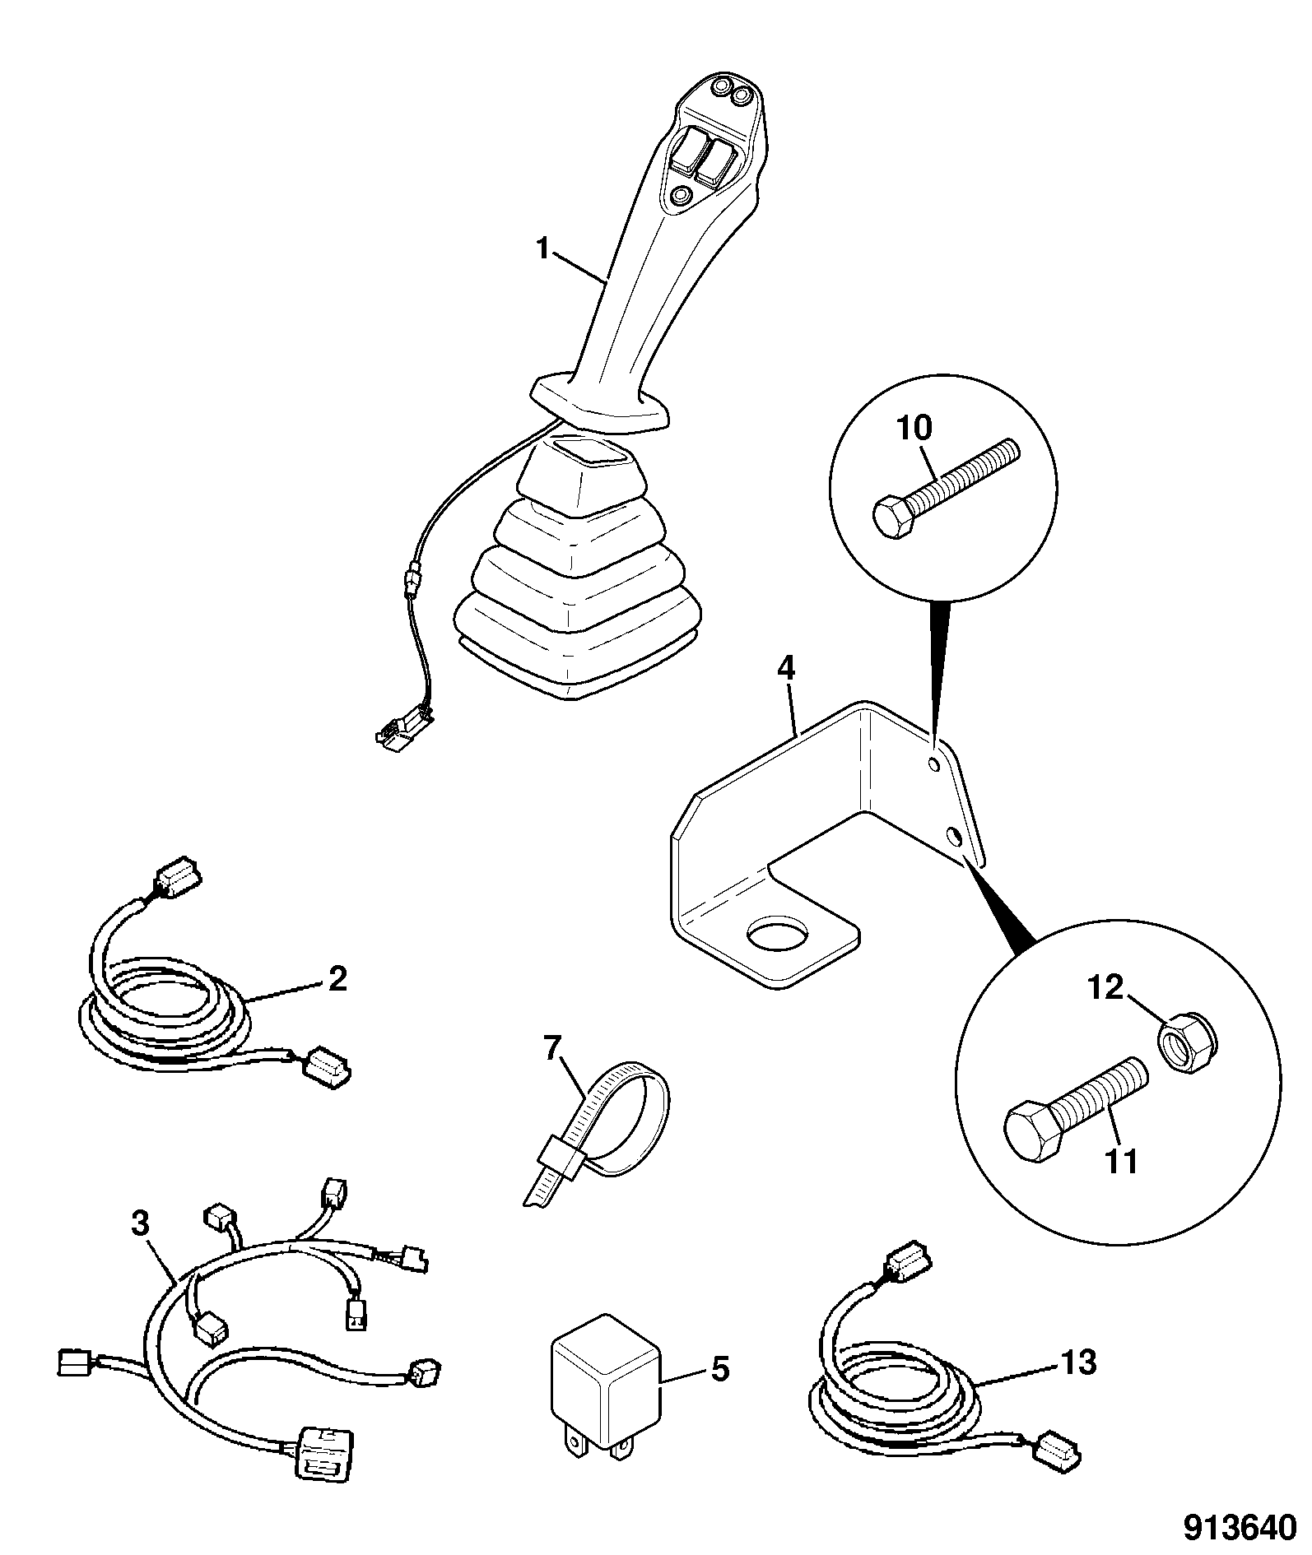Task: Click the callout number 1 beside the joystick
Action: point(542,247)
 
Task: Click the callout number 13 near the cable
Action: point(1077,1363)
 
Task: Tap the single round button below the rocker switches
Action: point(682,196)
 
